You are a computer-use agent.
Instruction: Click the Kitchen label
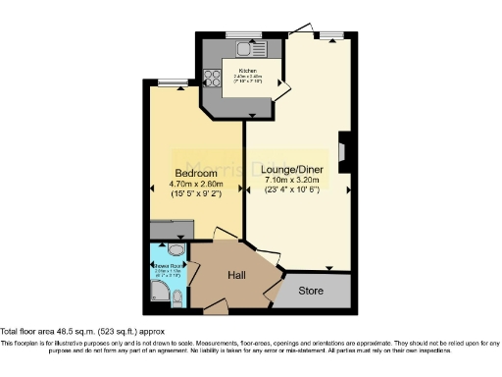tap(241, 72)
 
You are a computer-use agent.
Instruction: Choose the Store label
tap(311, 291)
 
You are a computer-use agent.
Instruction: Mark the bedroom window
tap(174, 82)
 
